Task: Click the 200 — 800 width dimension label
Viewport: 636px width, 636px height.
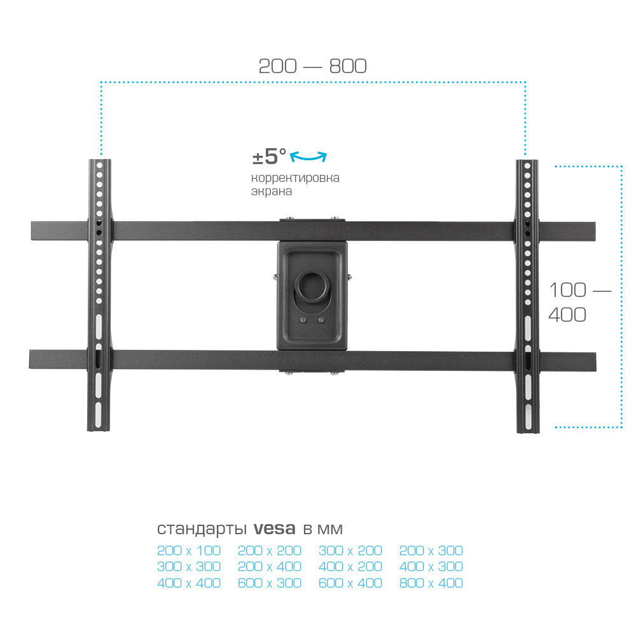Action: pos(312,66)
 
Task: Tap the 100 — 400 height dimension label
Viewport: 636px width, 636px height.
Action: pos(579,302)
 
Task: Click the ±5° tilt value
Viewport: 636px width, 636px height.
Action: pos(269,156)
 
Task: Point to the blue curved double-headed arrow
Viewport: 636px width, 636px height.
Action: pos(308,156)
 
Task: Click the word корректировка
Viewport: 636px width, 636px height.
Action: pos(295,177)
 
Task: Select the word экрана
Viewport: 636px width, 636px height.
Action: pos(272,191)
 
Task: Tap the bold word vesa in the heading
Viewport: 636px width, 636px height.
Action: pos(274,529)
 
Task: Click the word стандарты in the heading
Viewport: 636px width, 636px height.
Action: pos(202,529)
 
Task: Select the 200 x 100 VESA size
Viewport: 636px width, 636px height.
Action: pos(189,550)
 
